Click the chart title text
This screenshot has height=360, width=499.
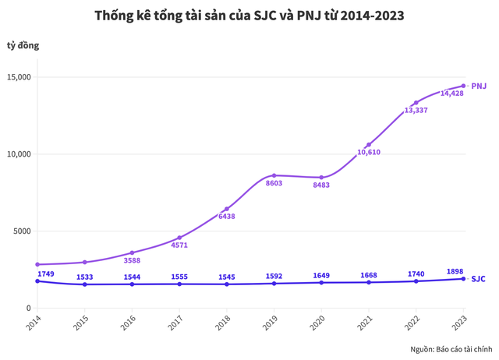click(x=249, y=16)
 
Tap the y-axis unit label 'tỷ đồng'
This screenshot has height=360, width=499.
click(x=23, y=45)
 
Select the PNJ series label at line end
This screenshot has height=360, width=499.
click(x=480, y=86)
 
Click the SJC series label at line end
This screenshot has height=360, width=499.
click(x=479, y=278)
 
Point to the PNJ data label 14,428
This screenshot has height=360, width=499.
click(x=452, y=94)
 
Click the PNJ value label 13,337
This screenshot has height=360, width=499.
click(x=416, y=111)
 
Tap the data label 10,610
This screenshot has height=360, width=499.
click(x=369, y=152)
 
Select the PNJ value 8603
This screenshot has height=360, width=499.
click(x=273, y=183)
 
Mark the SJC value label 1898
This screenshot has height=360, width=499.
click(x=455, y=270)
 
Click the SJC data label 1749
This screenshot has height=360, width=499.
click(x=46, y=274)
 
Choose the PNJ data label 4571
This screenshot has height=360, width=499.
click(x=179, y=245)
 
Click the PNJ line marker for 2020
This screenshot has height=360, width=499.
click(x=321, y=178)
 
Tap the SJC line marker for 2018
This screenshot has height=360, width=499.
click(x=226, y=284)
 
